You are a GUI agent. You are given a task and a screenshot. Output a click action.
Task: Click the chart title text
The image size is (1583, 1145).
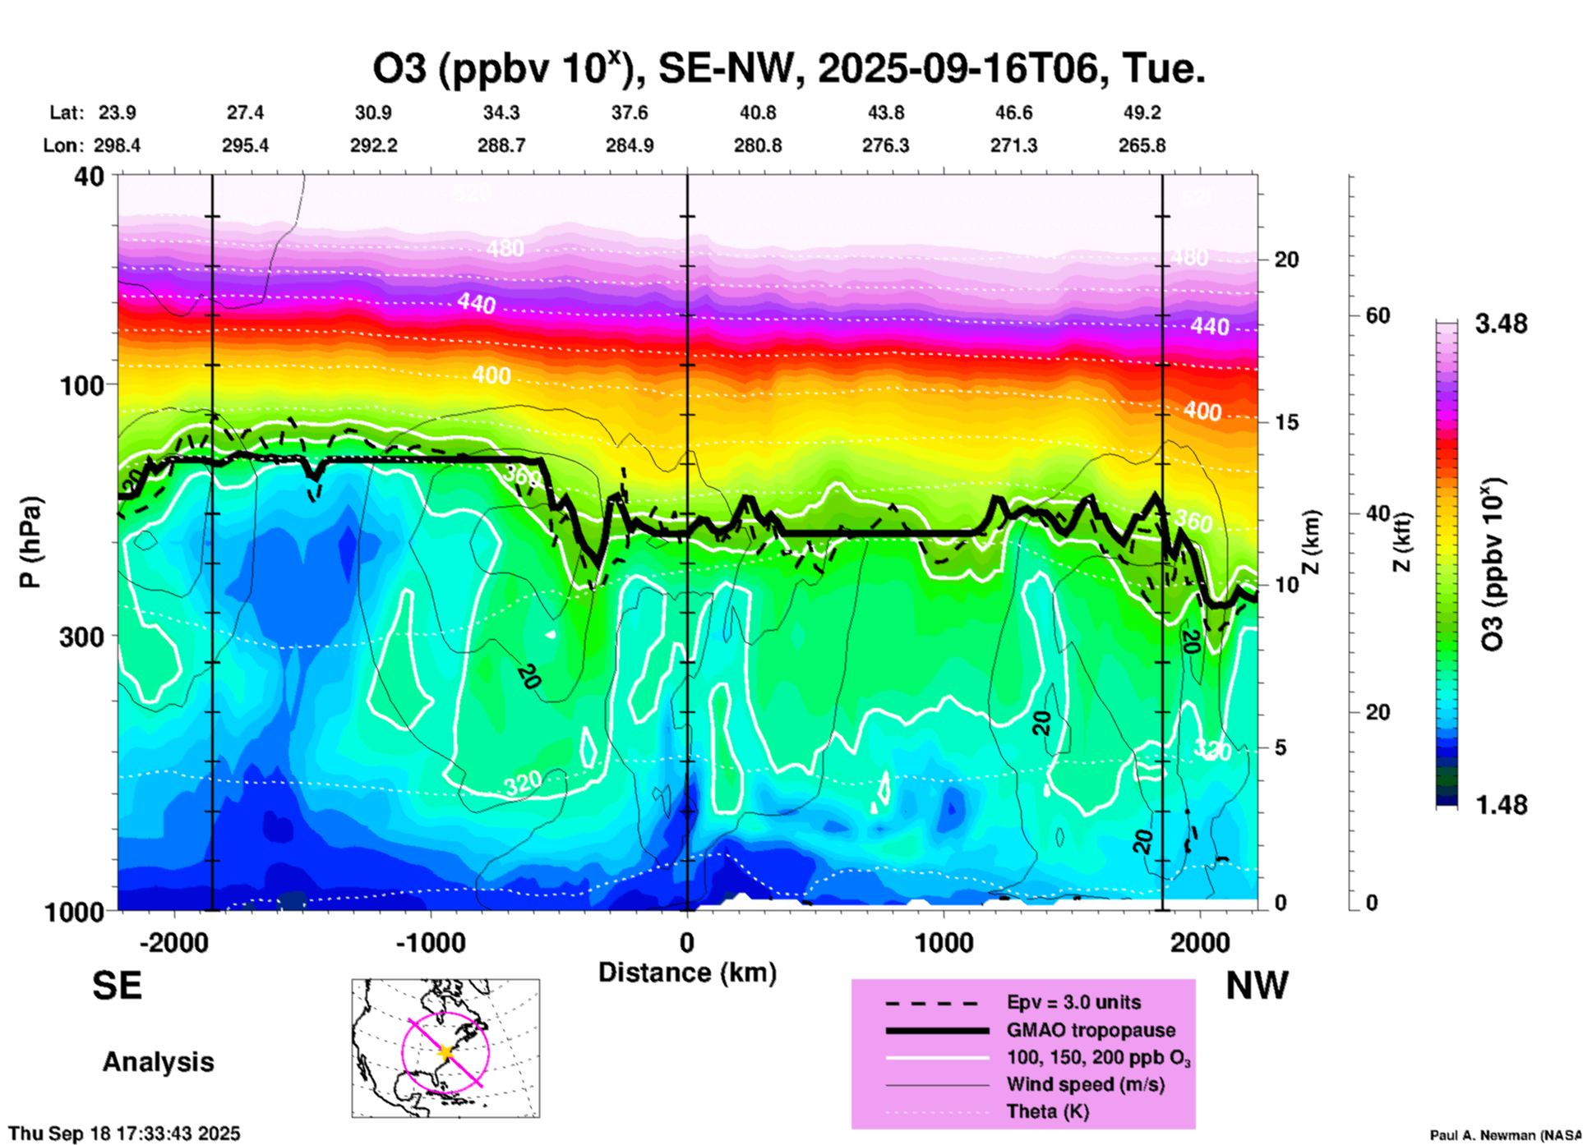(789, 69)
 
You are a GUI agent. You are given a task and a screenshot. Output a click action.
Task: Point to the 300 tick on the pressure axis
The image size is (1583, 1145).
(81, 637)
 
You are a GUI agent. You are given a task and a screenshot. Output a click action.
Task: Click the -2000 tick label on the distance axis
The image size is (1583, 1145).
(173, 942)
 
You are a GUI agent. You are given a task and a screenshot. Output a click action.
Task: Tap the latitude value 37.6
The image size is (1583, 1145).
(630, 113)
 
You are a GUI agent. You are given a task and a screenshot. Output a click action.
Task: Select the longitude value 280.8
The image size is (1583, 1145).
(758, 145)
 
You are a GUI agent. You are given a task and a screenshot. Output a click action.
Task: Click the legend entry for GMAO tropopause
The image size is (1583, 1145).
(1091, 1030)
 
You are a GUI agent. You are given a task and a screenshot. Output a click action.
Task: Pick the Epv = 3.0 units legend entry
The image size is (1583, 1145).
(1073, 1003)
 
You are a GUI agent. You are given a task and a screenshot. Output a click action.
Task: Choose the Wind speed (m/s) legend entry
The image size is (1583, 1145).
(1085, 1085)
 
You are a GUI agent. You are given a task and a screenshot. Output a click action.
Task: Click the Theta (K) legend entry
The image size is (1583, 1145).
(1047, 1112)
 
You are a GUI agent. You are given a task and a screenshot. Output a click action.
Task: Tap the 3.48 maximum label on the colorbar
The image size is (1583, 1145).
(1501, 324)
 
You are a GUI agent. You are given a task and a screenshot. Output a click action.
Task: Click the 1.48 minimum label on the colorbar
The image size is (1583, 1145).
(1501, 805)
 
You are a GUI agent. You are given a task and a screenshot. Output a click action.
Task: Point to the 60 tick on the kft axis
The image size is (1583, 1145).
(1378, 316)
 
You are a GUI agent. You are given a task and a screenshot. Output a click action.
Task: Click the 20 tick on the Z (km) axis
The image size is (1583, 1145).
(1286, 260)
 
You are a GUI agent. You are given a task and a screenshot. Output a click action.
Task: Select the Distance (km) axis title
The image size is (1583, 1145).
(687, 973)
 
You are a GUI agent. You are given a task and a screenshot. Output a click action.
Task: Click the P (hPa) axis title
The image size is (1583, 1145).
(30, 542)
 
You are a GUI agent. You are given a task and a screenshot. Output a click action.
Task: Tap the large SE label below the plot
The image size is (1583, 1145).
(117, 986)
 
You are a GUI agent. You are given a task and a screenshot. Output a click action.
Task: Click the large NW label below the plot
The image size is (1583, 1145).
(1257, 986)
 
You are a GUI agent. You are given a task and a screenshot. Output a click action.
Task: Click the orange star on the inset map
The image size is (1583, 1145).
(445, 1052)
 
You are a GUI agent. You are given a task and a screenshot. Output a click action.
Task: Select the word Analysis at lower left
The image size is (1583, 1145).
(158, 1062)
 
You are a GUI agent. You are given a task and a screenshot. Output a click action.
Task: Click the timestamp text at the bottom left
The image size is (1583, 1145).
(124, 1134)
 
